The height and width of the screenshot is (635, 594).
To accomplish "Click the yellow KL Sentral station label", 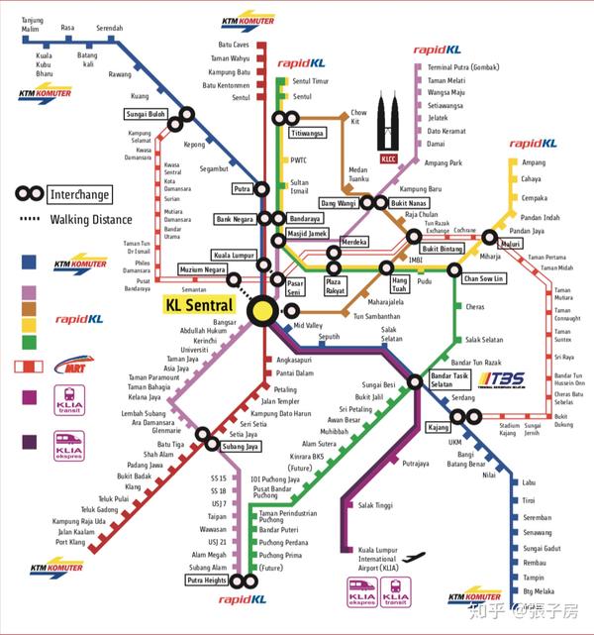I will pos(202,304).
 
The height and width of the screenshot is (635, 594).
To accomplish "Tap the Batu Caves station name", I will pos(233,46).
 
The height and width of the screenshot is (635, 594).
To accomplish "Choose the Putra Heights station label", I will pos(206,582).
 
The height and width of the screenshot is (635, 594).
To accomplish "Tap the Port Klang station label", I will pos(70,542).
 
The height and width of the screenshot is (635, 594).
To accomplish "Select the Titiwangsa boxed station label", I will pos(307,132).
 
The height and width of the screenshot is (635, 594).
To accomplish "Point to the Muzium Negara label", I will pos(202,269).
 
